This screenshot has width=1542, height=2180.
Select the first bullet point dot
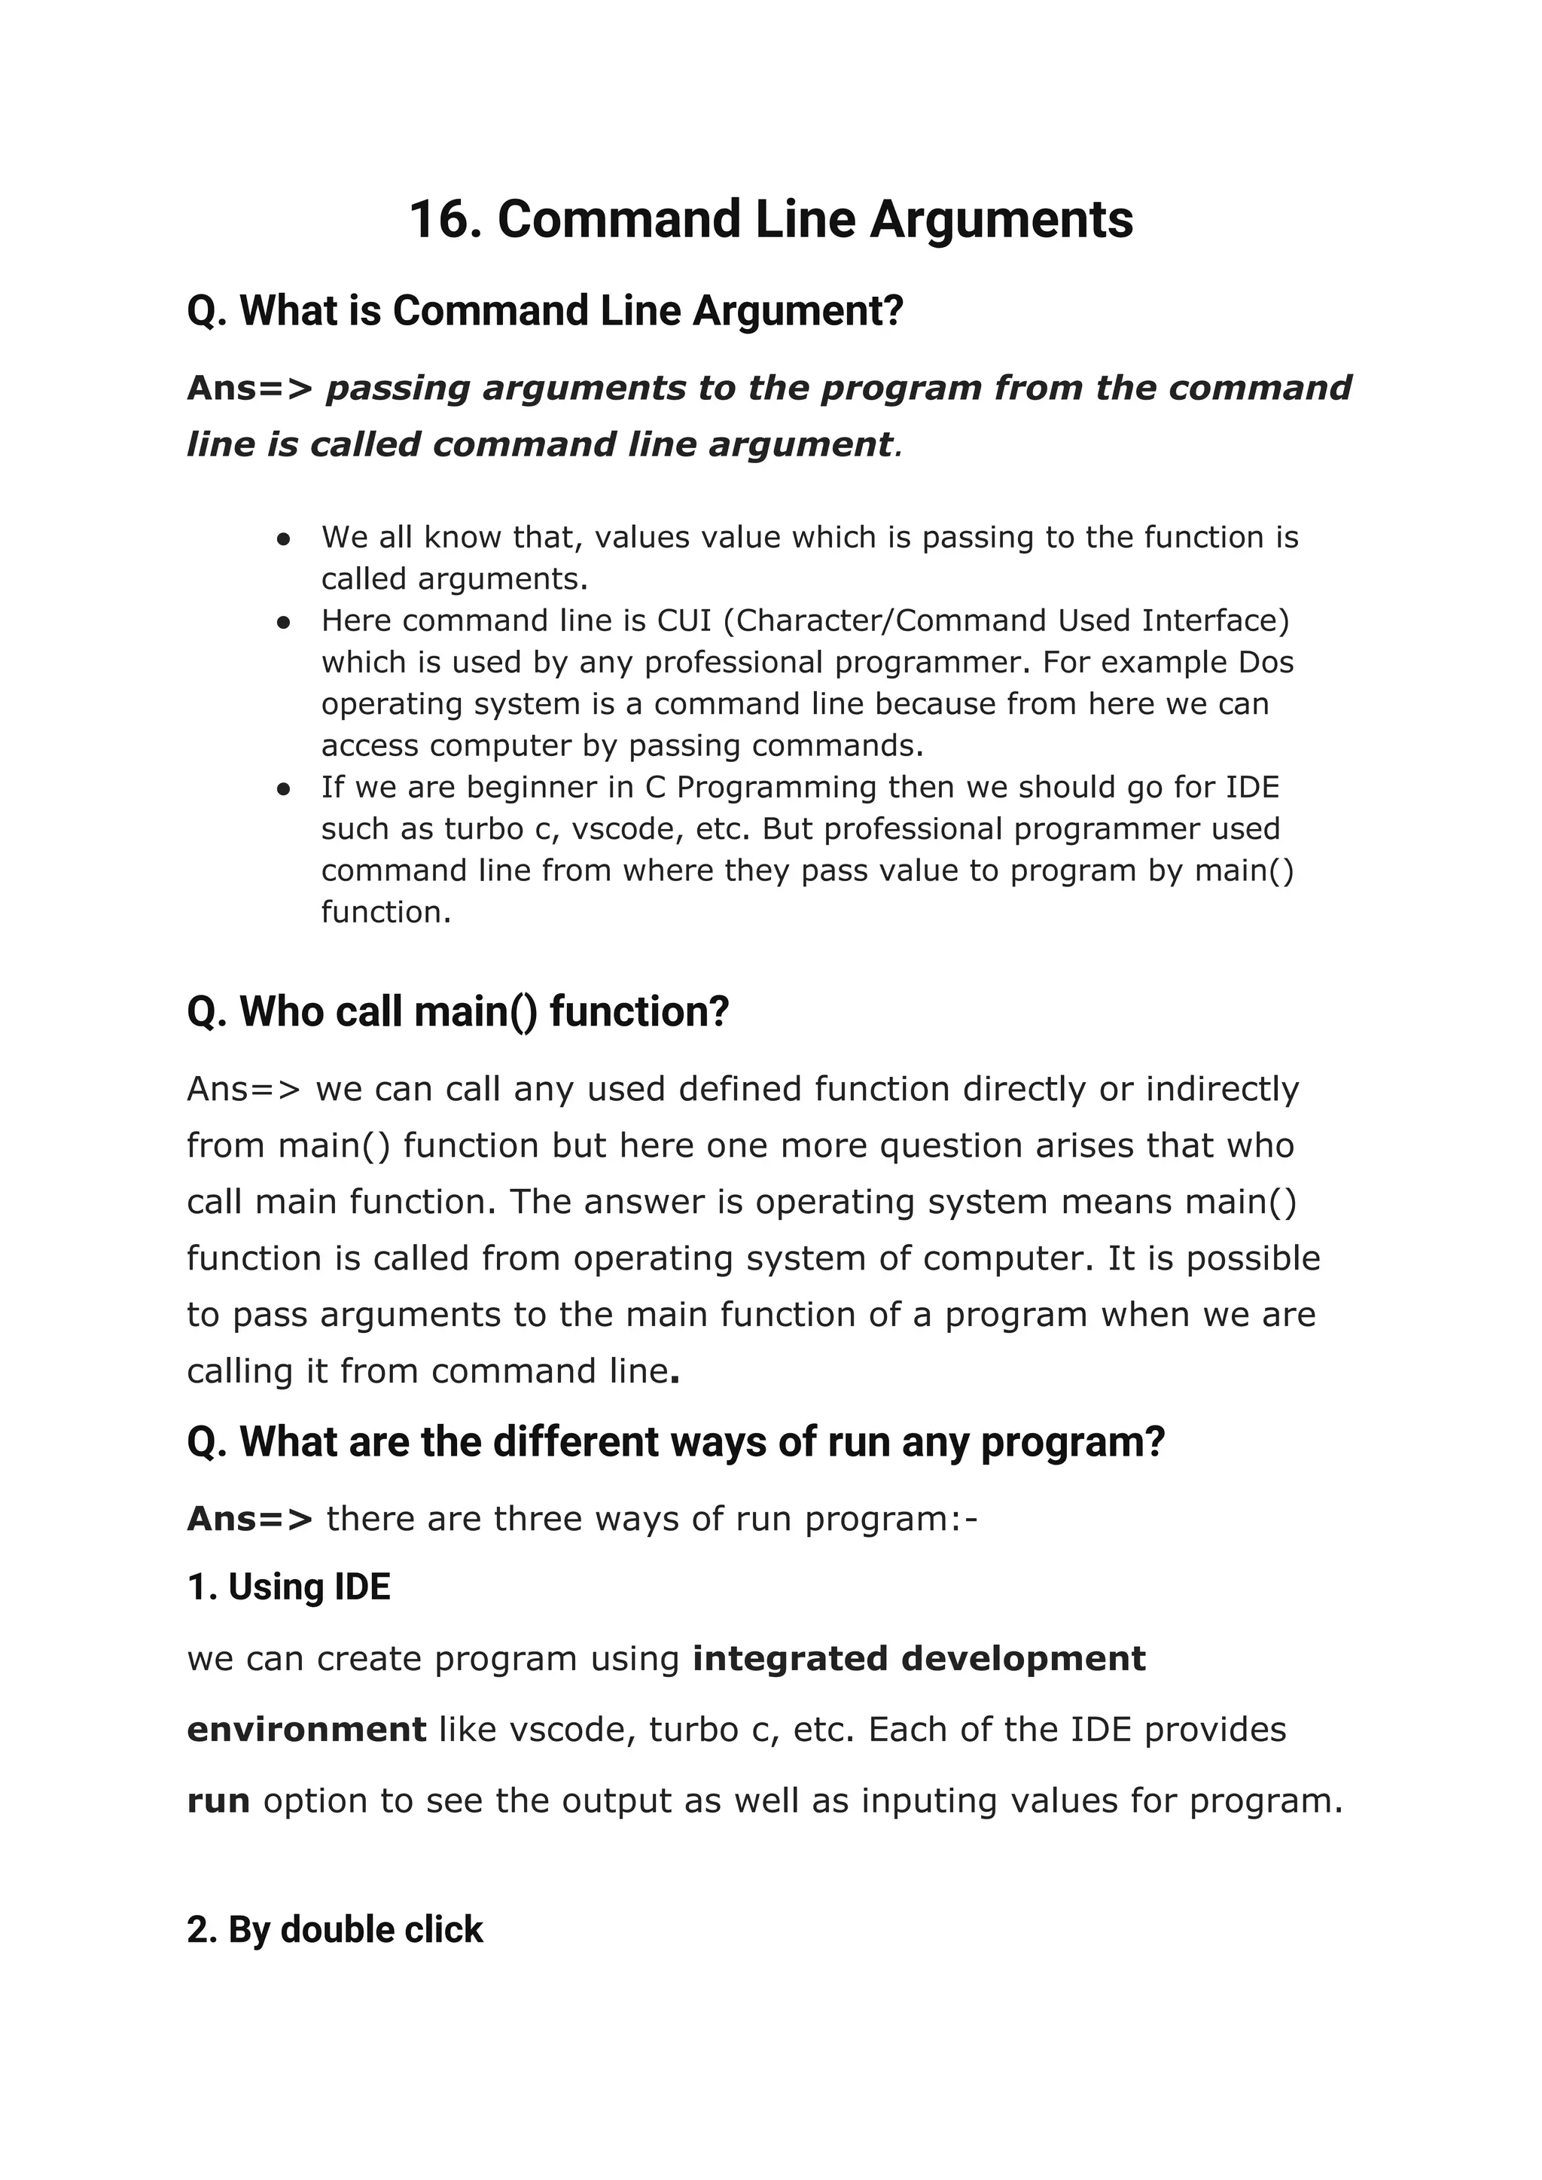click(x=283, y=538)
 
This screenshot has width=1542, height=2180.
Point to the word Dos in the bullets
click(x=1266, y=662)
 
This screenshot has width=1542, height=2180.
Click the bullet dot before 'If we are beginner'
click(x=283, y=788)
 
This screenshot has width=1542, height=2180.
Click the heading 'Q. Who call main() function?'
click(x=458, y=1011)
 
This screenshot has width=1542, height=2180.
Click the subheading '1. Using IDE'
click(x=288, y=1587)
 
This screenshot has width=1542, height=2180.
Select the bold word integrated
click(x=791, y=1658)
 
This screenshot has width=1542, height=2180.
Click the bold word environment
click(x=306, y=1729)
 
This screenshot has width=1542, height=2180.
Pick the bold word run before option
click(x=218, y=1800)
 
